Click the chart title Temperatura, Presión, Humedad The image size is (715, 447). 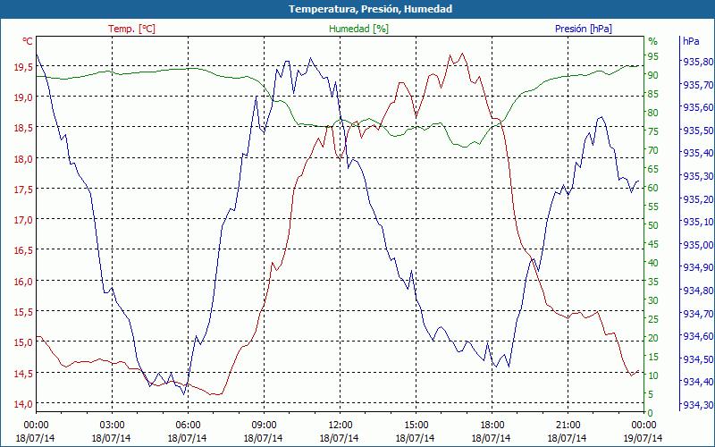pos(357,9)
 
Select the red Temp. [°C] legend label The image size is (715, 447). pos(131,29)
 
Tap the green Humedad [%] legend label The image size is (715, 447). pos(358,29)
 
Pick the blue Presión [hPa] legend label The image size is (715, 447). pos(584,29)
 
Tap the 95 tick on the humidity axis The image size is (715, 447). pos(653,56)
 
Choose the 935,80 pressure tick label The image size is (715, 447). pos(697,63)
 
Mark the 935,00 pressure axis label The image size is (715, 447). pos(697,245)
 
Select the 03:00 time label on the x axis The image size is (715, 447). pos(112,425)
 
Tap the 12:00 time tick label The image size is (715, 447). pos(341,425)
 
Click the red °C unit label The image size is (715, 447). pos(28,41)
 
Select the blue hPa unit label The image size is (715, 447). pos(690,41)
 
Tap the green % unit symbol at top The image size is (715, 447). pos(652,41)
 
